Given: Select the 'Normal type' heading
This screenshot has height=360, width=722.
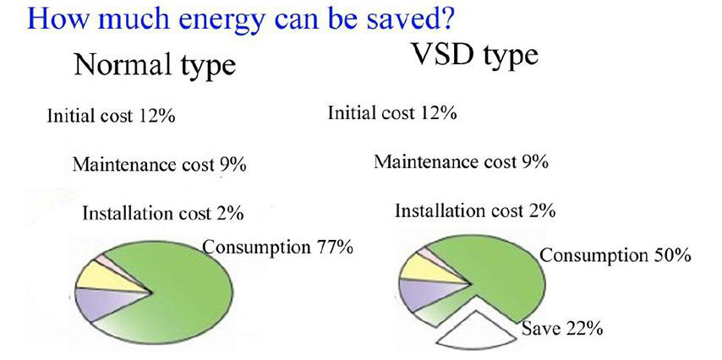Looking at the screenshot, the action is click(x=155, y=65).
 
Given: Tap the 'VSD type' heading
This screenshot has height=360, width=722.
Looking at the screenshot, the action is click(x=475, y=56).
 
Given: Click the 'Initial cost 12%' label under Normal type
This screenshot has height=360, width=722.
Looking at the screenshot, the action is click(x=111, y=116).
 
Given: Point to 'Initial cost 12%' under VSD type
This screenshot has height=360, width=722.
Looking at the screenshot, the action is click(x=391, y=112).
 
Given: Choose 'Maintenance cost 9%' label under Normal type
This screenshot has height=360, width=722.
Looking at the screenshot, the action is click(x=159, y=164).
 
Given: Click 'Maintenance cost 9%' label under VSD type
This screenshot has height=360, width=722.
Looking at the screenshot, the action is click(x=461, y=161).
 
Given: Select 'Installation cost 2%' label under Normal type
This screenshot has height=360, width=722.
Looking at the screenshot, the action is click(x=163, y=214).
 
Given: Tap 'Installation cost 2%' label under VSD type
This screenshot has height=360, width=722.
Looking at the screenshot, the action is click(x=475, y=210).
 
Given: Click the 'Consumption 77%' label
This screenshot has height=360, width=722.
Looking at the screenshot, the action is click(x=278, y=248).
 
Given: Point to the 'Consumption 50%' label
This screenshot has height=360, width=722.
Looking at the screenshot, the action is click(x=615, y=255).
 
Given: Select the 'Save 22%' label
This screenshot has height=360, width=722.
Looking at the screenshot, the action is click(x=561, y=329).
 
